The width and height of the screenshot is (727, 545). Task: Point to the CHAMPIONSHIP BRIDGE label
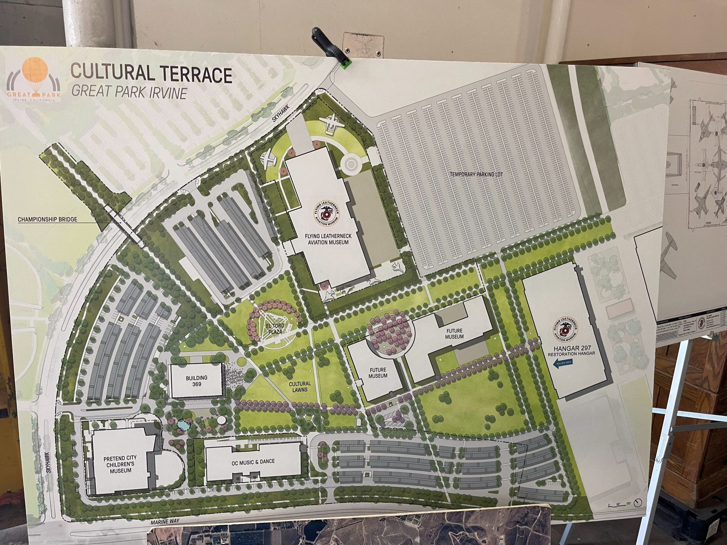pyautogui.click(x=47, y=219)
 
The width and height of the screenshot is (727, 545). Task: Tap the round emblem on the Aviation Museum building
pyautogui.click(x=327, y=213)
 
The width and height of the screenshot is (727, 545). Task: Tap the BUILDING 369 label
pyautogui.click(x=197, y=381)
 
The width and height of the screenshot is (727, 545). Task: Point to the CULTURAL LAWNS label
pyautogui.click(x=300, y=386)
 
